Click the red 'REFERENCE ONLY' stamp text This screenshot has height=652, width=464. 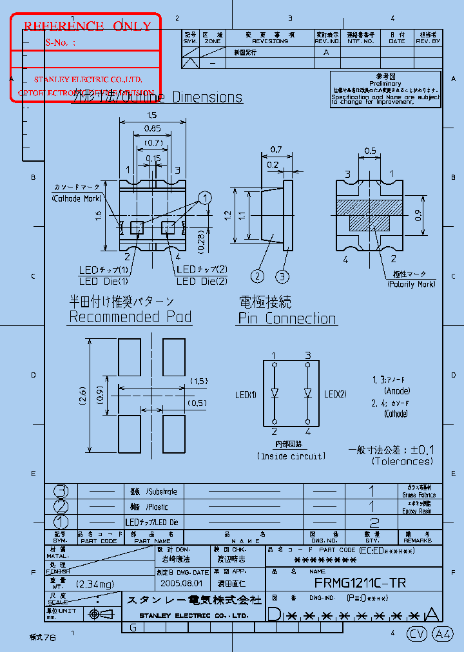(x=87, y=26)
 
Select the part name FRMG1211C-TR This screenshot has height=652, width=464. (x=360, y=583)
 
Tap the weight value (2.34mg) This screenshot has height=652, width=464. (x=94, y=584)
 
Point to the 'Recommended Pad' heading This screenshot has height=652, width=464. (x=130, y=317)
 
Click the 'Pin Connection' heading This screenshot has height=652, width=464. (x=287, y=318)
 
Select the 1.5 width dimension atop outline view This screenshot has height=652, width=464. (x=152, y=115)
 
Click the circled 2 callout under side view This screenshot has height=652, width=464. (x=258, y=276)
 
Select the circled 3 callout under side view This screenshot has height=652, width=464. (x=283, y=276)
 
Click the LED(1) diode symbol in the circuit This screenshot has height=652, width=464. (x=274, y=393)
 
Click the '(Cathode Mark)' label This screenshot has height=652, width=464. (x=75, y=199)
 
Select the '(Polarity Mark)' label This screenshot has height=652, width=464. (x=411, y=284)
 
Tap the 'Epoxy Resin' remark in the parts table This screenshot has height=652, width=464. (x=417, y=511)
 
